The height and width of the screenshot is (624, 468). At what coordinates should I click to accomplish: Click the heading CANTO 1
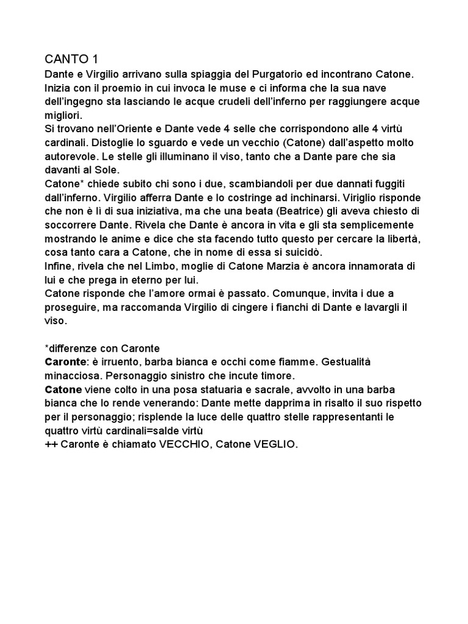[71, 59]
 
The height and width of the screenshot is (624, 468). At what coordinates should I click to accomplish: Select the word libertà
[399, 238]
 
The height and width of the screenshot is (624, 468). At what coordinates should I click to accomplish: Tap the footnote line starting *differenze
[102, 348]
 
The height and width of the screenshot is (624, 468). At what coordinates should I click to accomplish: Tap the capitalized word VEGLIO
[272, 444]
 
